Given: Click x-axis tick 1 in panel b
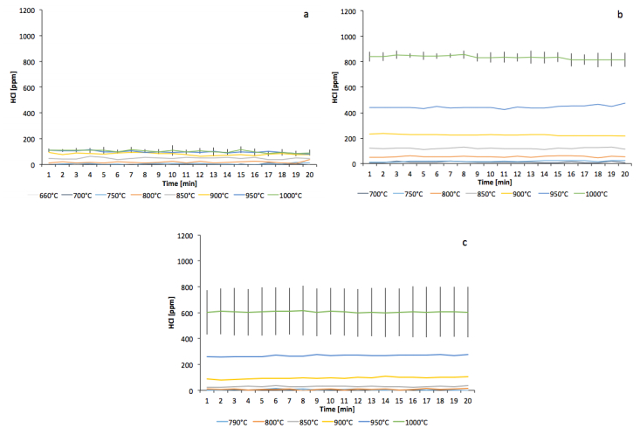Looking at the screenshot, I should pyautogui.click(x=370, y=171).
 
